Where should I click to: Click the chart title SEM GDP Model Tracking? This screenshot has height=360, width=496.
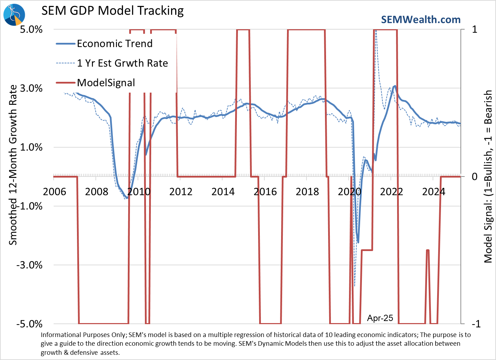(x=113, y=11)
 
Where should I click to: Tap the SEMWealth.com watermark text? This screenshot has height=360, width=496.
(x=421, y=19)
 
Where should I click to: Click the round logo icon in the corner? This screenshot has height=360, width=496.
(x=14, y=15)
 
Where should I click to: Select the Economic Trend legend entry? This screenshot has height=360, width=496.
(x=115, y=44)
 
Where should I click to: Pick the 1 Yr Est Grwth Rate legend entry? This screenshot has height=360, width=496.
(x=122, y=63)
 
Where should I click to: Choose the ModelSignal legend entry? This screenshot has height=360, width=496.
(x=106, y=83)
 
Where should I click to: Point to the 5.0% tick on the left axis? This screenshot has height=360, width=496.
(x=31, y=29)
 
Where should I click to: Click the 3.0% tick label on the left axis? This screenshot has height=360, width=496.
(x=31, y=88)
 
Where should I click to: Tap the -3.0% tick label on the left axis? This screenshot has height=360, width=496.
(x=30, y=265)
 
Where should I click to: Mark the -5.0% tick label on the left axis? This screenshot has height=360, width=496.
(x=30, y=324)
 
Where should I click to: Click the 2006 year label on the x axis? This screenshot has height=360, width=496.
(x=54, y=191)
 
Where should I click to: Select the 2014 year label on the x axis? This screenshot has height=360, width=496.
(x=223, y=191)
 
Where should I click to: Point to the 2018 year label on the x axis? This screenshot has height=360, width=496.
(x=307, y=191)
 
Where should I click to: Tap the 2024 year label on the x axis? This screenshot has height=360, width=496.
(x=434, y=191)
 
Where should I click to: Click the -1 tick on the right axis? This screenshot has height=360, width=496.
(x=476, y=324)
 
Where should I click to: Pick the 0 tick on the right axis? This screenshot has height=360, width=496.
(x=474, y=177)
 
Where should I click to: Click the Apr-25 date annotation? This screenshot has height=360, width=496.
(x=380, y=318)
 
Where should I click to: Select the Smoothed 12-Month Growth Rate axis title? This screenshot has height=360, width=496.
(x=13, y=165)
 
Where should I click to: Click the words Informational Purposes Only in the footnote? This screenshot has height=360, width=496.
(x=83, y=335)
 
